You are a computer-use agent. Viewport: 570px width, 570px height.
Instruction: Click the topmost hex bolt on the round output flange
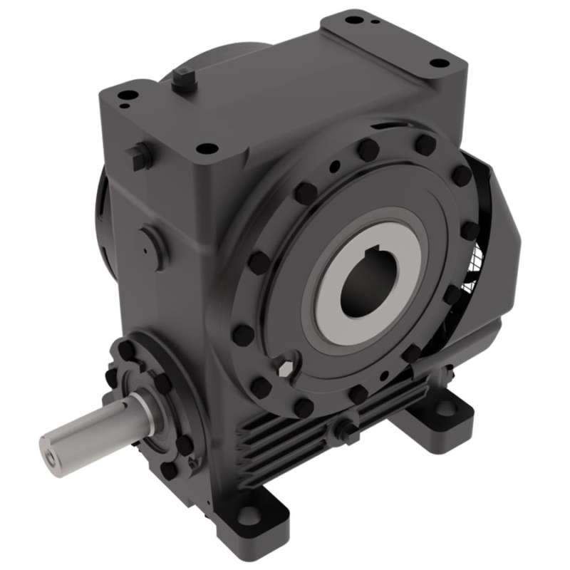(x=368, y=150)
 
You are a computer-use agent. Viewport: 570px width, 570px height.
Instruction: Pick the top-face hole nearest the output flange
(x=207, y=149)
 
